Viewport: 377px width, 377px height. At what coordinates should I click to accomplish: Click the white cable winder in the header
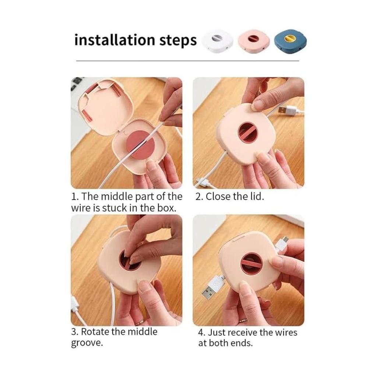tap(218, 41)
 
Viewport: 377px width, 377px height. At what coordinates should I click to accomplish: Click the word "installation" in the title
tap(114, 40)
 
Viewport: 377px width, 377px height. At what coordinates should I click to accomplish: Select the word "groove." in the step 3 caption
tap(87, 343)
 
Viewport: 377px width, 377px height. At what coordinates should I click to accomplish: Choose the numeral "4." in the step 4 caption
tap(202, 332)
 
